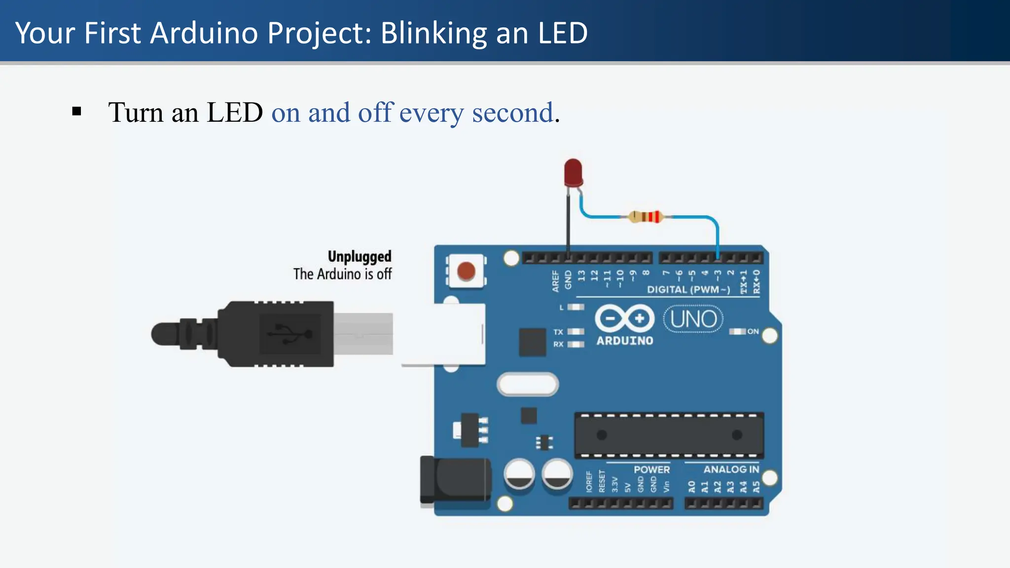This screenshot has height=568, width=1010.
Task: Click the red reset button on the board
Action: click(466, 271)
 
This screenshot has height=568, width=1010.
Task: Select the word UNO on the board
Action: click(693, 319)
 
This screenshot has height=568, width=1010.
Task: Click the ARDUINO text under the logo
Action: click(625, 341)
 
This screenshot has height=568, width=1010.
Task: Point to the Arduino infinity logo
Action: click(625, 319)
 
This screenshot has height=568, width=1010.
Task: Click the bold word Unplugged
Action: click(360, 256)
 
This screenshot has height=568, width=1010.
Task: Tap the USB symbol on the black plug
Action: click(289, 334)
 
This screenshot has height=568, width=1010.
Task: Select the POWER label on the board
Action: click(651, 469)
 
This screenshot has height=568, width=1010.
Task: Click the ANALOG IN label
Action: click(731, 469)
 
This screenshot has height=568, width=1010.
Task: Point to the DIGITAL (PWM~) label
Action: click(688, 289)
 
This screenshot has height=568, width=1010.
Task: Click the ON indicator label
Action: click(753, 331)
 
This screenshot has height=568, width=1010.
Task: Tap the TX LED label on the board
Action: click(558, 332)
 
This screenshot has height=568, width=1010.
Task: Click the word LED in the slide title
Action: click(563, 33)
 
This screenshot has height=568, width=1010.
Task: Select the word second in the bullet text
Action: click(512, 112)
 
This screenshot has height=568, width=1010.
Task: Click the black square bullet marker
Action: click(76, 111)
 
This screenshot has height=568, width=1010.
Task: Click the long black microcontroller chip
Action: click(669, 435)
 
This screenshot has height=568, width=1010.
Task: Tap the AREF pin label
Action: click(555, 281)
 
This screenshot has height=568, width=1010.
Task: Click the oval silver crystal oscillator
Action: click(528, 385)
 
